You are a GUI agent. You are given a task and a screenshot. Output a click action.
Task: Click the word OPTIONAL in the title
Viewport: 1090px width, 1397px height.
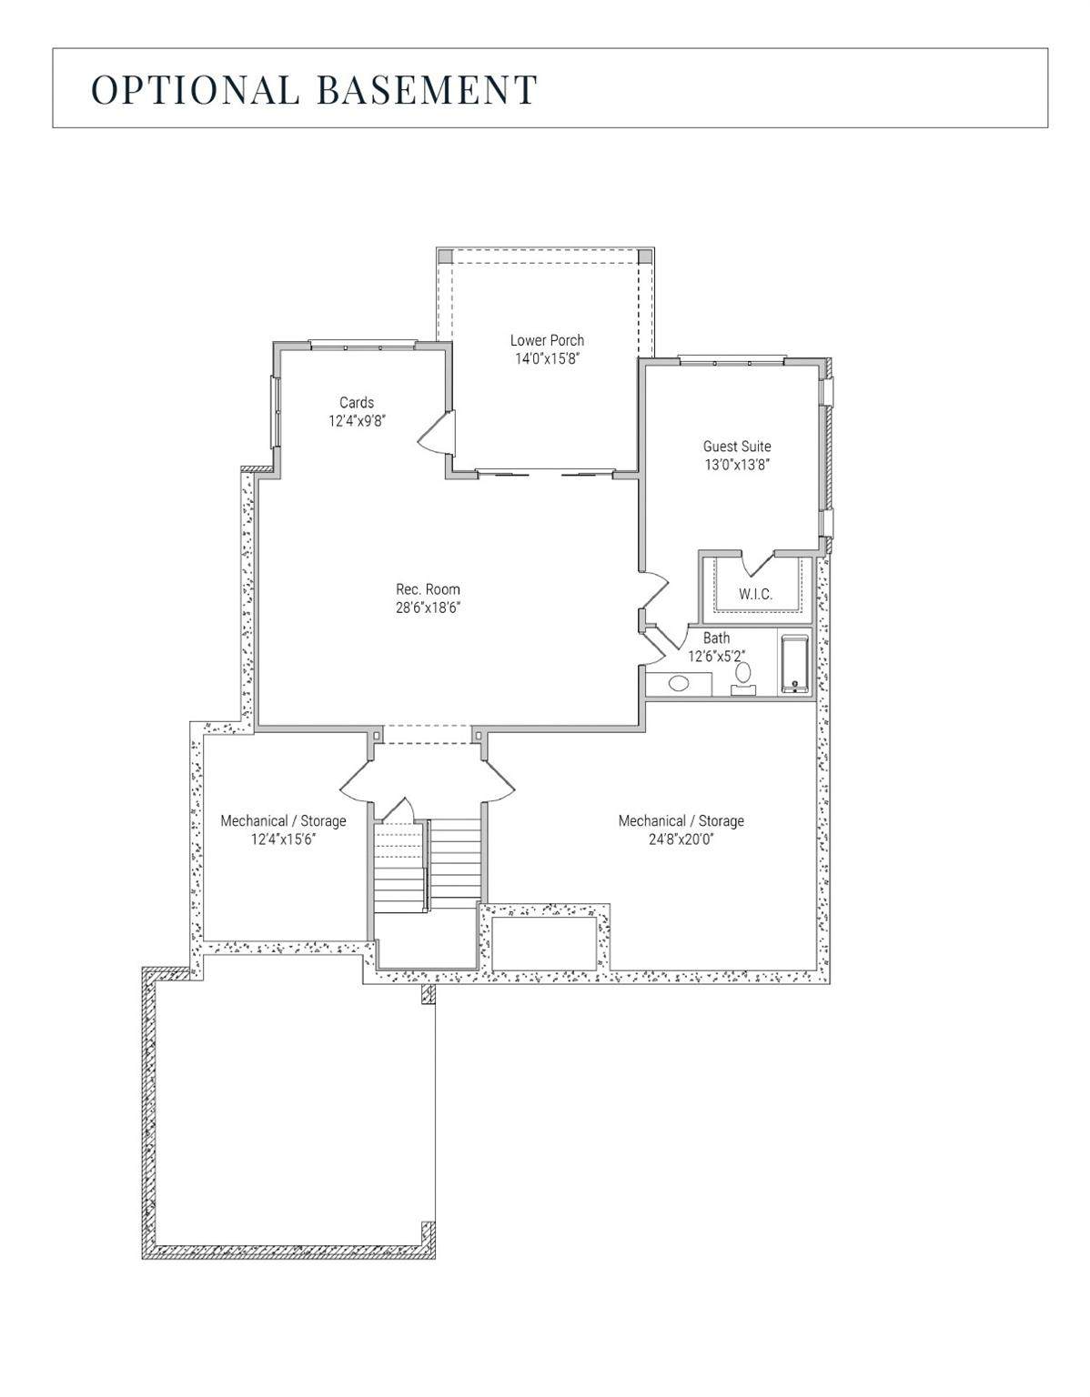coord(196,89)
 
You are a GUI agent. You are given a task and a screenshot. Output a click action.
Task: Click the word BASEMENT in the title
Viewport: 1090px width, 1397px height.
coord(428,89)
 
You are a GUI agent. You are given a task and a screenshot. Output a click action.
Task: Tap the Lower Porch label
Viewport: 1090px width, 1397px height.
coord(547,340)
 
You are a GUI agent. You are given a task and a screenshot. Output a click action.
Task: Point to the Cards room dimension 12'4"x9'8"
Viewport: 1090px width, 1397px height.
coord(357,421)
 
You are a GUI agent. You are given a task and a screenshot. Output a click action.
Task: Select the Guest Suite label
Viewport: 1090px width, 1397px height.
coord(737,447)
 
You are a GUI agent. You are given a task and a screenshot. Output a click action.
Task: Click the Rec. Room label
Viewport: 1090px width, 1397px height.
coord(428,588)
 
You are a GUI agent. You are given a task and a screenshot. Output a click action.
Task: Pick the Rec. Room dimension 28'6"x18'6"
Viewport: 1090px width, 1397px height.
coord(428,608)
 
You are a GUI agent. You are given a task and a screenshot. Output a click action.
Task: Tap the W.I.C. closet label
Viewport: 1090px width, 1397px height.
coord(755,594)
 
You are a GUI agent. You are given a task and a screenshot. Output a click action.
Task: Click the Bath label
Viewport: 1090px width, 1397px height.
coord(716,638)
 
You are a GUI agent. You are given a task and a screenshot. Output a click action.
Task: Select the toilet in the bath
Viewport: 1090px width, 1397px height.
coord(743,678)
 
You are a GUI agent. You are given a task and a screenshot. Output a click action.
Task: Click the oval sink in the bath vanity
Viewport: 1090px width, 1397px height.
coord(678,683)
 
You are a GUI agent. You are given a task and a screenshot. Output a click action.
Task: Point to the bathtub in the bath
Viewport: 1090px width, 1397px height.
coord(795,665)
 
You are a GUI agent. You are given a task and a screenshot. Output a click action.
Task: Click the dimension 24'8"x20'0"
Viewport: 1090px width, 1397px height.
coord(681,839)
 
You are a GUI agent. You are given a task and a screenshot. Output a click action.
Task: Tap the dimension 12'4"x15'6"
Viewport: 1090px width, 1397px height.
coord(284,839)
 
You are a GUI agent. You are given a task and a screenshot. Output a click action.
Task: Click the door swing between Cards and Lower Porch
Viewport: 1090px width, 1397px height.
coord(438,432)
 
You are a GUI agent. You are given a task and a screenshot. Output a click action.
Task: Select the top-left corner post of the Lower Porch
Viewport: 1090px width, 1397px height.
coord(445,256)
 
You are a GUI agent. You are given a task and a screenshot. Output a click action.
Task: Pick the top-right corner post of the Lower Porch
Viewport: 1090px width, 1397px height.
coord(645,256)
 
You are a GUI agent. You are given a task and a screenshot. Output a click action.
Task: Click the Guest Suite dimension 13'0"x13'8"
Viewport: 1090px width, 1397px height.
coord(737,465)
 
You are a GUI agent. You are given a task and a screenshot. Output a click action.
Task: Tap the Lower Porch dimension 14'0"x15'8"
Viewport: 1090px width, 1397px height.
coord(547,358)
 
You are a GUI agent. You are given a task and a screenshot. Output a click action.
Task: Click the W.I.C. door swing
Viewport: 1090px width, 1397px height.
coord(759,562)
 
